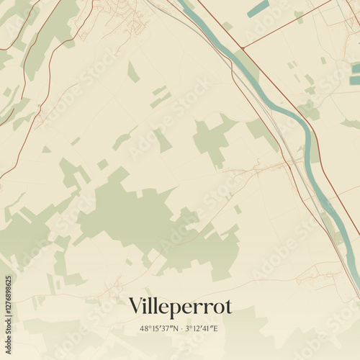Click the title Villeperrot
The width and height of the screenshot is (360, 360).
tap(180, 307)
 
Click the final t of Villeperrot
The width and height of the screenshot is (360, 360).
tap(228, 307)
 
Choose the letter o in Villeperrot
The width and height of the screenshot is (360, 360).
tap(218, 308)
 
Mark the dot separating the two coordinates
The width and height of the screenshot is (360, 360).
tap(181, 329)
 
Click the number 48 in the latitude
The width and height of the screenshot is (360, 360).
tap(144, 329)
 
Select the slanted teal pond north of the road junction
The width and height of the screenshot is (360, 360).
tap(258, 9)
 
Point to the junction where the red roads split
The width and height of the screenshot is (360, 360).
tap(243, 48)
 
